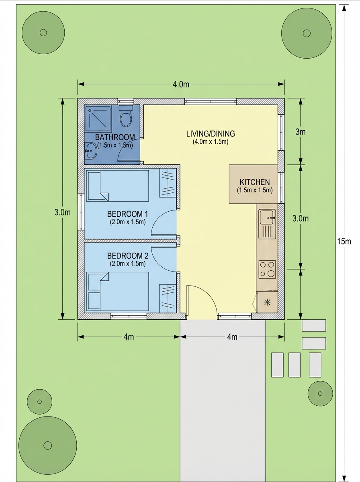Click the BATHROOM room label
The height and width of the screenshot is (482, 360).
coord(115,137)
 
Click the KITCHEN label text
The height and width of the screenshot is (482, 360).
coord(254,182)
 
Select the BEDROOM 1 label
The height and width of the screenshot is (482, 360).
coord(127,213)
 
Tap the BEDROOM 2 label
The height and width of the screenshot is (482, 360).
coord(127,256)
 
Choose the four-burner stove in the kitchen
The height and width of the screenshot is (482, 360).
coord(267,269)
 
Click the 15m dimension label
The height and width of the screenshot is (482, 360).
coord(344,241)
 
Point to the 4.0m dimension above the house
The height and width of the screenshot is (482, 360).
coord(181,84)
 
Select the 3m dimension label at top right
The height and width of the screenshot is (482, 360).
coord(301,132)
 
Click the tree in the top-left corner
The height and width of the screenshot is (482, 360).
coord(43,33)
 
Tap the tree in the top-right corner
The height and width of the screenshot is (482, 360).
coord(307,33)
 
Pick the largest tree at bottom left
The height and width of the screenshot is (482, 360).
coord(47,445)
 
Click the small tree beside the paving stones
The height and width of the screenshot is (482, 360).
coord(320,394)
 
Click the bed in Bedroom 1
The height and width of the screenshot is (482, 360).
coord(118,186)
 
